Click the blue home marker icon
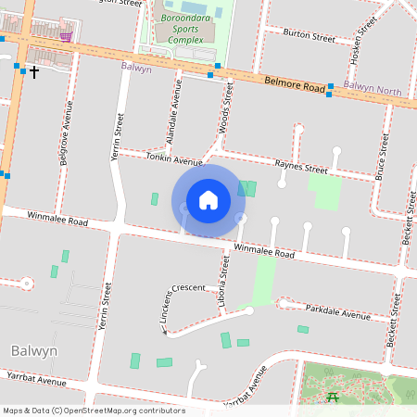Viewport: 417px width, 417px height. click(x=208, y=200)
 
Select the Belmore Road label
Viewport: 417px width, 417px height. click(x=293, y=84)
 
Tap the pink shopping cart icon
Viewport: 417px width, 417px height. click(x=66, y=36)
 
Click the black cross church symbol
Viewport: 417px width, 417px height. click(x=34, y=71)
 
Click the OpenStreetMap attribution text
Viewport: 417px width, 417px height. click(x=93, y=411)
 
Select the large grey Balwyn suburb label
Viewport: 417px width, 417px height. click(x=34, y=351)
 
